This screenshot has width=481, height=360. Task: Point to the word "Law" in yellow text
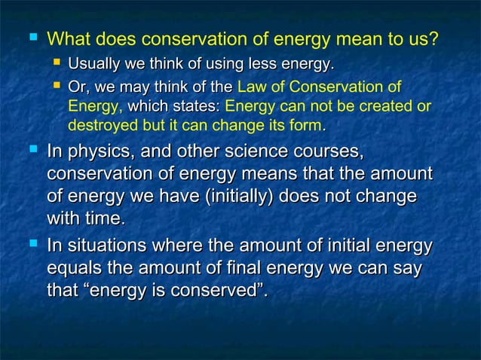pos(251,87)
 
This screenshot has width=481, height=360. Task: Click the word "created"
pos(381,105)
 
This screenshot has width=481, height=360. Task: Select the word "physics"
pos(94,154)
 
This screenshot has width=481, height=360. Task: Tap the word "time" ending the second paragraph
pos(103,219)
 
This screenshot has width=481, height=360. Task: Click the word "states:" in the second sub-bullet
pos(197,105)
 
